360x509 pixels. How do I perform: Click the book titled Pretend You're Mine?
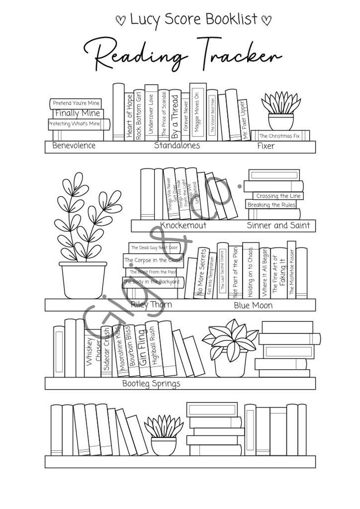point(76,103)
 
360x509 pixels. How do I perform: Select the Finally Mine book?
point(78,113)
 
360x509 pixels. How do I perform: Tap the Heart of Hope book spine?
point(130,116)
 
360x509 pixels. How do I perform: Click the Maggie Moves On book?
point(197,111)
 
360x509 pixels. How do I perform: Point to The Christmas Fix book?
point(279,136)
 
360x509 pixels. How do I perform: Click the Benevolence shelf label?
point(74,145)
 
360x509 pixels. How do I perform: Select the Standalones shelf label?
point(177,145)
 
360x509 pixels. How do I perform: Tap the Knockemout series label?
point(183,225)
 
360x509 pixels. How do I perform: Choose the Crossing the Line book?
point(278,196)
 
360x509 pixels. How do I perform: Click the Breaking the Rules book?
point(272,205)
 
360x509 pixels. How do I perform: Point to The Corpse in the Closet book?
point(153,260)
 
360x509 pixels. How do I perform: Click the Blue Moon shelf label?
point(253,305)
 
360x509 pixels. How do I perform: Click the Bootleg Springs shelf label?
point(151,383)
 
